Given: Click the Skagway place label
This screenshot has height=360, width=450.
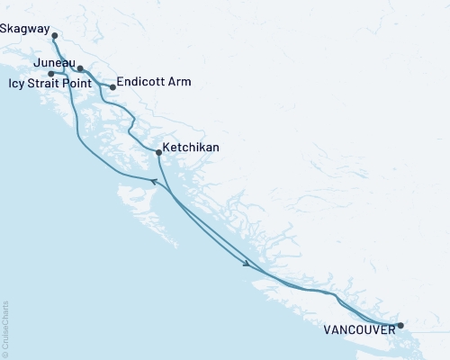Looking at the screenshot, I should (x=24, y=28).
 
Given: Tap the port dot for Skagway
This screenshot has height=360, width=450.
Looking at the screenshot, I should (x=55, y=36).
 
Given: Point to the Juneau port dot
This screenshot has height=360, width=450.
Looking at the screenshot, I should (x=80, y=68).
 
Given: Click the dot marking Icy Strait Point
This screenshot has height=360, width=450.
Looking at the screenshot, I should (x=51, y=74).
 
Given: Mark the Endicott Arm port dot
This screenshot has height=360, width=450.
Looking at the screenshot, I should (x=112, y=87).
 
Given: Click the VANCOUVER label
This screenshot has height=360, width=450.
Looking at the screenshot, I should (x=358, y=330).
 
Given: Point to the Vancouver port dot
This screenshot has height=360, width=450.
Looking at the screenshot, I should (x=400, y=325).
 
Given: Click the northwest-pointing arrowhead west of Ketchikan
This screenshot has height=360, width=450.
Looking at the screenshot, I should (x=153, y=182).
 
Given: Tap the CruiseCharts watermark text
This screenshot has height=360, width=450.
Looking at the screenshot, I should (x=4, y=325).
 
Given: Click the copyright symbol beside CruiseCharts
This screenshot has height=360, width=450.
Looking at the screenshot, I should (x=4, y=354).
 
